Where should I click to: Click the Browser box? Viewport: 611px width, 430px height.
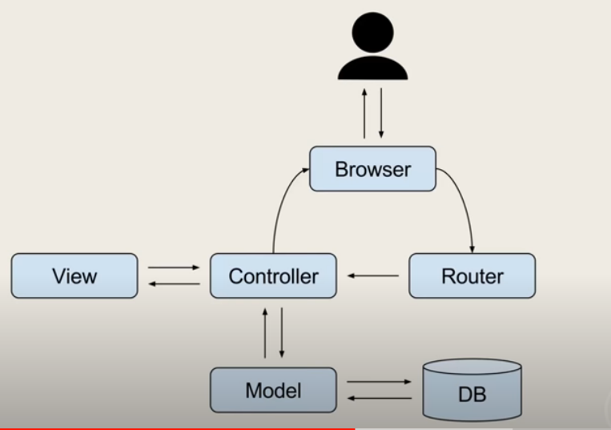(372, 169)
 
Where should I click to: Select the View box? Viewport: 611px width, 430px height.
(74, 276)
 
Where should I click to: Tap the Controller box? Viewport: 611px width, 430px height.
(273, 276)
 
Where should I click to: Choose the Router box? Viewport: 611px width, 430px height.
(472, 276)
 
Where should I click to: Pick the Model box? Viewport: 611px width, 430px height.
(273, 391)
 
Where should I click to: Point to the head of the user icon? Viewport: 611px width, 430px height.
(373, 31)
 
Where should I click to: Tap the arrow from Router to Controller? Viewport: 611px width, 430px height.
(373, 276)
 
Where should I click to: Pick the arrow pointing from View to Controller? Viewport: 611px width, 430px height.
(174, 267)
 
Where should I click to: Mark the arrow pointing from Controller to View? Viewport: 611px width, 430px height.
(174, 283)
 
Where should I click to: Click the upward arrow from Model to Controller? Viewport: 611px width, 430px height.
(265, 332)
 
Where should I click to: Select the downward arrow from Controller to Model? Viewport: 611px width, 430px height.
(281, 332)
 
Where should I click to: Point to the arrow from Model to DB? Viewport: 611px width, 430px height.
(379, 382)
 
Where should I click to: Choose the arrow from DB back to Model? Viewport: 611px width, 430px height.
(379, 398)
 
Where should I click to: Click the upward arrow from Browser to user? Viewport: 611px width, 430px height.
(364, 113)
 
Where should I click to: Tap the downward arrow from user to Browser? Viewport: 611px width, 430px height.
(381, 113)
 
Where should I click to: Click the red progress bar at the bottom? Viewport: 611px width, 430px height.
(176, 428)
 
